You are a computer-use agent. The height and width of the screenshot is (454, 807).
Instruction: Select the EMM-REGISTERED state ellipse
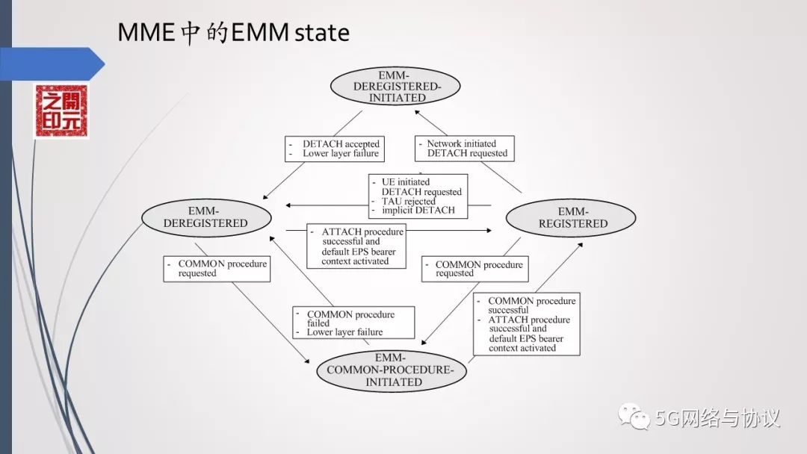click(571, 217)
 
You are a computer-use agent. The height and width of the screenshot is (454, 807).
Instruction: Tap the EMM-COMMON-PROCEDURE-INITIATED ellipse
click(393, 370)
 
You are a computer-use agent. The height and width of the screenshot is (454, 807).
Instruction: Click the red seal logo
click(61, 111)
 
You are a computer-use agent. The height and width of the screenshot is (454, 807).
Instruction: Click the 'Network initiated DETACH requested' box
click(466, 149)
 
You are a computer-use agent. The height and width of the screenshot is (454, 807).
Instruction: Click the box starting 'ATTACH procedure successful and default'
click(356, 246)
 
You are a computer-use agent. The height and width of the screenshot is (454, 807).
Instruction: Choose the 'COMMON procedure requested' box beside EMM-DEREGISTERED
click(217, 269)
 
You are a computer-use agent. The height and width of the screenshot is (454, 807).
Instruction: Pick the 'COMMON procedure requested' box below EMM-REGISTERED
click(473, 269)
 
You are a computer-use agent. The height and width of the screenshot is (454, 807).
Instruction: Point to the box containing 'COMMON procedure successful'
click(527, 323)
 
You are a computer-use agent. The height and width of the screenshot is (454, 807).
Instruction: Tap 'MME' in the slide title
click(148, 33)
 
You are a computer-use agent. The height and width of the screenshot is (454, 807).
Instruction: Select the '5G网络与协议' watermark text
click(718, 417)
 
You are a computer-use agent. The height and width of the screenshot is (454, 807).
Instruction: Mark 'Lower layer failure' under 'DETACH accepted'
click(341, 154)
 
